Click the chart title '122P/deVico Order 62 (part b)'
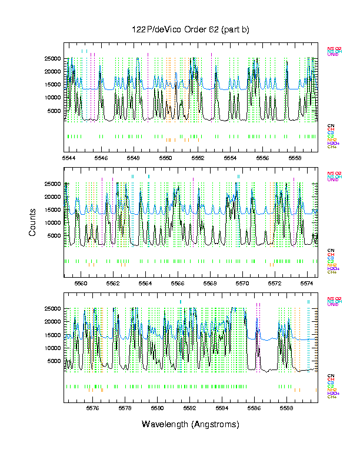[191, 30]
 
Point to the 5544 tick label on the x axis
[69, 158]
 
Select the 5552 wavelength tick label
[198, 158]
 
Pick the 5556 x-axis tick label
[263, 158]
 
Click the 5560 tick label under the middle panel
[81, 282]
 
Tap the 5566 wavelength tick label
[178, 282]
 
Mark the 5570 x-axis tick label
[243, 282]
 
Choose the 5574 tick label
[308, 282]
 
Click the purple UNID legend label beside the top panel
[332, 54]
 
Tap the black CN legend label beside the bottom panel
[331, 375]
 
